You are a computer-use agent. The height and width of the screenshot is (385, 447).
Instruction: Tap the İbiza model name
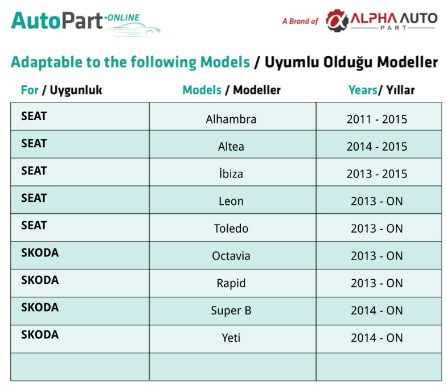[231, 173]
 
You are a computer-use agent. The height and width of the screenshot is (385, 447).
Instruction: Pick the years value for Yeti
[376, 338]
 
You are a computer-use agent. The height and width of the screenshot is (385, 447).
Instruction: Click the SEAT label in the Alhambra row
[34, 116]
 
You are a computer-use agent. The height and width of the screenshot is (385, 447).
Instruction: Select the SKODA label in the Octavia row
[40, 253]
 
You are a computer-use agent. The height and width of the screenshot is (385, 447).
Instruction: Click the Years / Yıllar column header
[382, 90]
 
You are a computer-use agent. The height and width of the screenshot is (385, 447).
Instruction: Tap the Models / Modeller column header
[231, 90]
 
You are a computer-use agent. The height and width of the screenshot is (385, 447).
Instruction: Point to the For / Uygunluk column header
[61, 90]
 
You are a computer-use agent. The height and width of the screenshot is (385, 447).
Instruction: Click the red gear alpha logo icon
[337, 20]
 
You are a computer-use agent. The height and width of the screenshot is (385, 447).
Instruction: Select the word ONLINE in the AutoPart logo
[123, 18]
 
